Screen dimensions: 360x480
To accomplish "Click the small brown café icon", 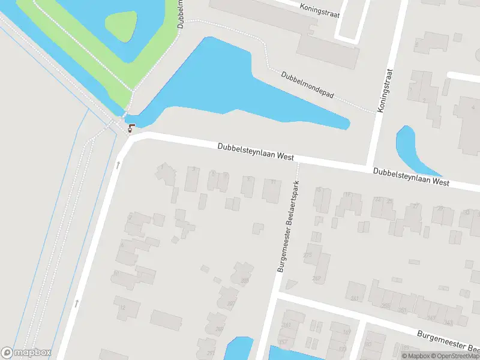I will point(131,127).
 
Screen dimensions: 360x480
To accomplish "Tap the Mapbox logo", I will point(26,353).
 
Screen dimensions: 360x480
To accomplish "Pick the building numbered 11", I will point(272,189).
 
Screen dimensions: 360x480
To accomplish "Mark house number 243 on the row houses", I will point(448,323).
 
